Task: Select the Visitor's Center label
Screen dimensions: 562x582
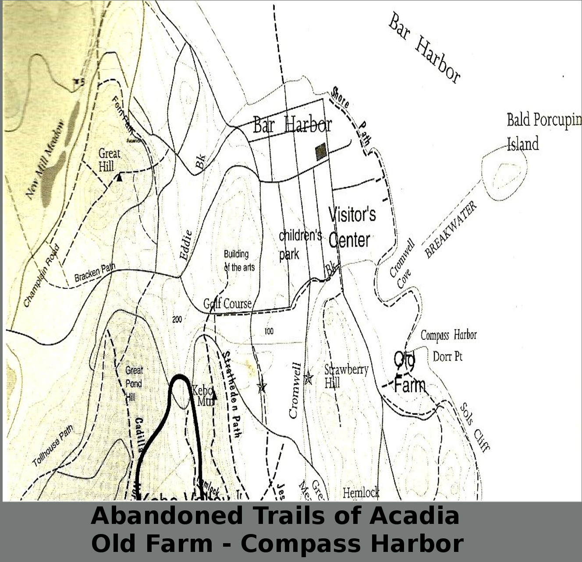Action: (x=352, y=228)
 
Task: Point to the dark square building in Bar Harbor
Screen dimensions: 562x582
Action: (x=321, y=151)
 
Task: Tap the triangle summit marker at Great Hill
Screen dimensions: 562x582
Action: (x=119, y=177)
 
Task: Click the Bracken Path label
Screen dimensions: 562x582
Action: (x=95, y=272)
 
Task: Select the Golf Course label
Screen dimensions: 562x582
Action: (x=227, y=303)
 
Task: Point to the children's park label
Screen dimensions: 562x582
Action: (x=300, y=244)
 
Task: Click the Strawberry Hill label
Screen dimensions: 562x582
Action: (x=345, y=376)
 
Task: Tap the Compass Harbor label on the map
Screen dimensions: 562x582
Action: (x=448, y=335)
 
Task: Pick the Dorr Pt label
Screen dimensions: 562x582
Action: (x=447, y=357)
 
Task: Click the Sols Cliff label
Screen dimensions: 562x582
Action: (x=474, y=427)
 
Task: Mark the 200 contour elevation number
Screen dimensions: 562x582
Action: (x=177, y=320)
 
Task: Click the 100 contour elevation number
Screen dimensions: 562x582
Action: (x=269, y=331)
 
